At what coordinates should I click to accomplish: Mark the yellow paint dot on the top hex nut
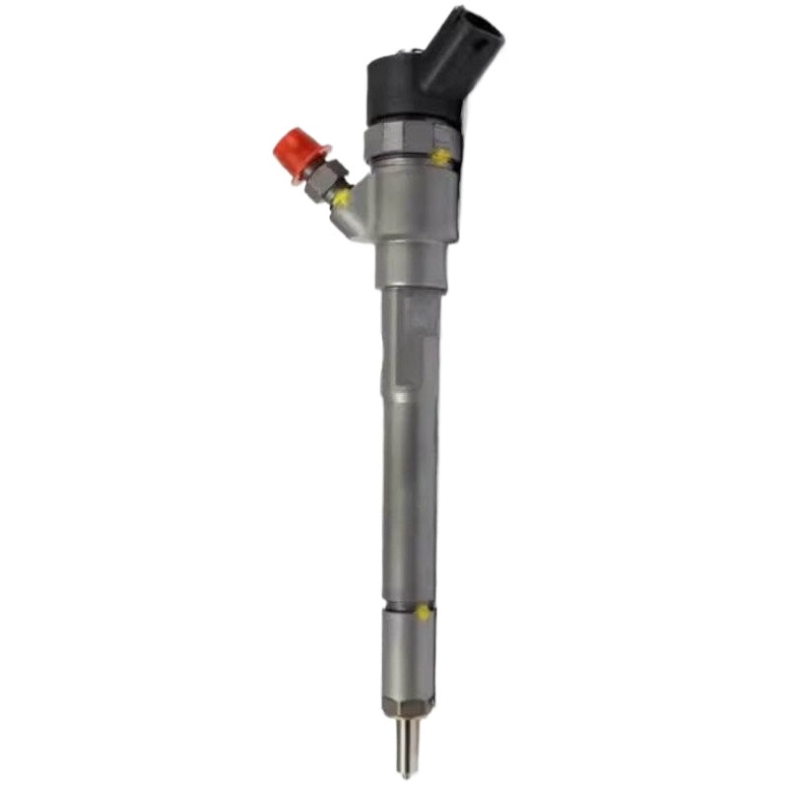442,156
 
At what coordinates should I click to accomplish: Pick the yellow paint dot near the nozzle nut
422,612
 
